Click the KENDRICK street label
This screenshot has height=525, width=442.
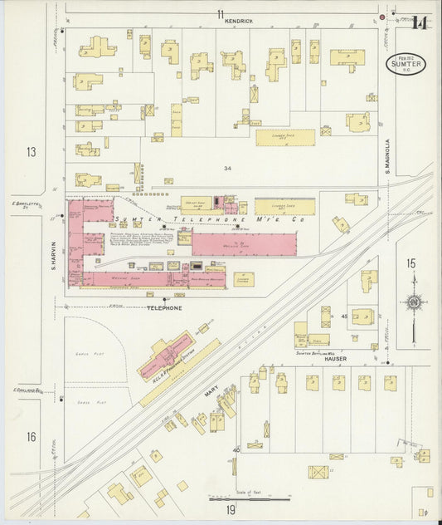(238, 20)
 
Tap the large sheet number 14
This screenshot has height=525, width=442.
(420, 22)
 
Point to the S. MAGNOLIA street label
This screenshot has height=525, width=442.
(387, 155)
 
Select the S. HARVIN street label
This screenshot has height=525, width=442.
(53, 255)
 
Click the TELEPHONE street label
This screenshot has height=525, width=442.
(164, 308)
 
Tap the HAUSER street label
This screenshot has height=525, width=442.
(335, 359)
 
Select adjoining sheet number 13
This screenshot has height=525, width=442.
(31, 152)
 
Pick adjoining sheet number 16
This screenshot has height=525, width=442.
(31, 437)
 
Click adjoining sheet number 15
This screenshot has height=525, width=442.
(410, 263)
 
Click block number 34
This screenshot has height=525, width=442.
(227, 168)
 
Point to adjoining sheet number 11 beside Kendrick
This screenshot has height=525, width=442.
(221, 13)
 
